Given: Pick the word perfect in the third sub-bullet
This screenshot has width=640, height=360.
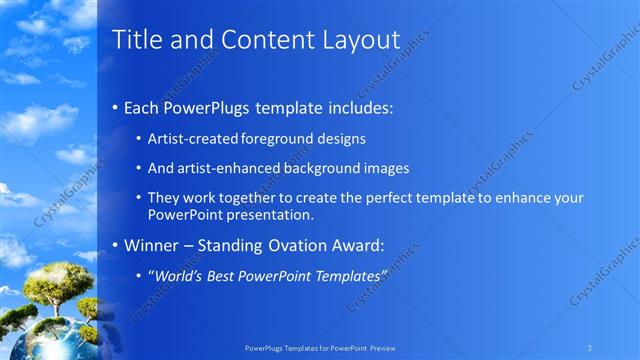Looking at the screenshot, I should pyautogui.click(x=406, y=198).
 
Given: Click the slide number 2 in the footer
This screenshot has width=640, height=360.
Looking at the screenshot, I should pyautogui.click(x=589, y=347).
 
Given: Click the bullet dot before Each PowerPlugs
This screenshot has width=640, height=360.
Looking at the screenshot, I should pyautogui.click(x=115, y=106).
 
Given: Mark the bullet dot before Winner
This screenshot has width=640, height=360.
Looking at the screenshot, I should pyautogui.click(x=115, y=244).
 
